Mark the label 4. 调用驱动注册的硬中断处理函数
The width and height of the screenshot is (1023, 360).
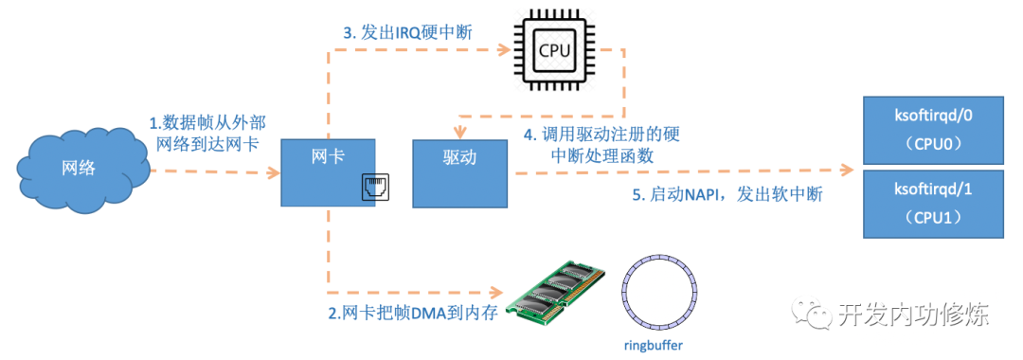coord(601,143)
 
